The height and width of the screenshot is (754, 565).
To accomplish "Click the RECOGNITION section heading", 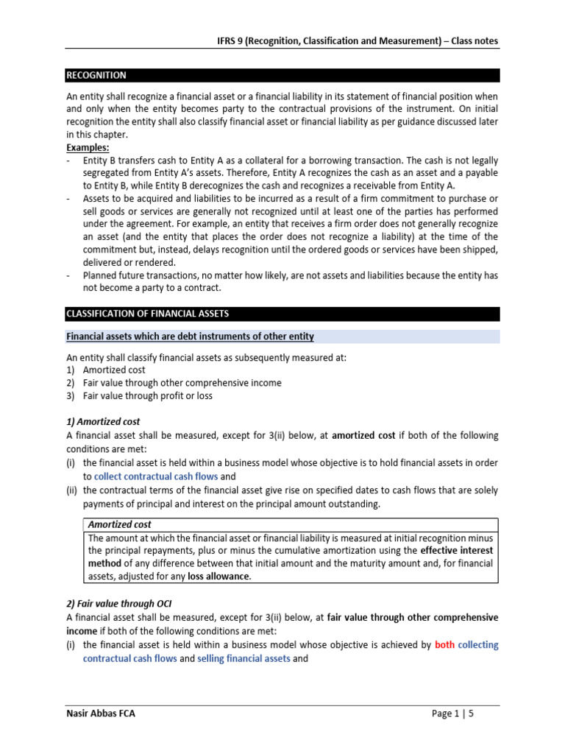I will pyautogui.click(x=96, y=75).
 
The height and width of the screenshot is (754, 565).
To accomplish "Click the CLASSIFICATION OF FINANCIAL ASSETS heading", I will pyautogui.click(x=148, y=314).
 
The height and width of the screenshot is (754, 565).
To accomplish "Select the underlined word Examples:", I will pyautogui.click(x=88, y=148).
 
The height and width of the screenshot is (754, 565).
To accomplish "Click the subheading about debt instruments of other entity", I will pyautogui.click(x=190, y=337).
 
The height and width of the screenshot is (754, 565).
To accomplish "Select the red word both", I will pyautogui.click(x=444, y=644).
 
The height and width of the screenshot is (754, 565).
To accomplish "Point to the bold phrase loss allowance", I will pyautogui.click(x=219, y=577).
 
